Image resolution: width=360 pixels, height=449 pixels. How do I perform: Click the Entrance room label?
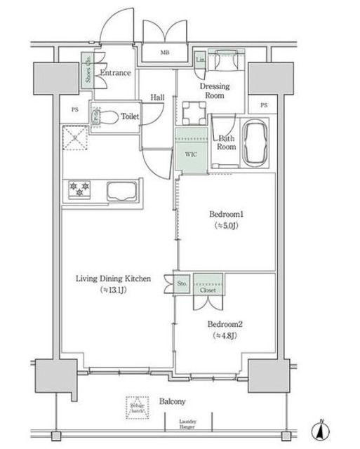coord(116,73)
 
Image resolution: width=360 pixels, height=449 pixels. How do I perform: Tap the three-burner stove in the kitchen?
coord(79,189)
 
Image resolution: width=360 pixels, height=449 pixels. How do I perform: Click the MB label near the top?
coord(164,53)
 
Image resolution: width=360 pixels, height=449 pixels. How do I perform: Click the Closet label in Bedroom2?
coord(208,288)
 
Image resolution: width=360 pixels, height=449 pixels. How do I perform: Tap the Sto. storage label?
coord(182,284)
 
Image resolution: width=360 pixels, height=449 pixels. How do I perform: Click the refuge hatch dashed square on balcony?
coord(137,407)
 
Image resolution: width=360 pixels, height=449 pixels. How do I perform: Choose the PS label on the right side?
coord(264,105)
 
